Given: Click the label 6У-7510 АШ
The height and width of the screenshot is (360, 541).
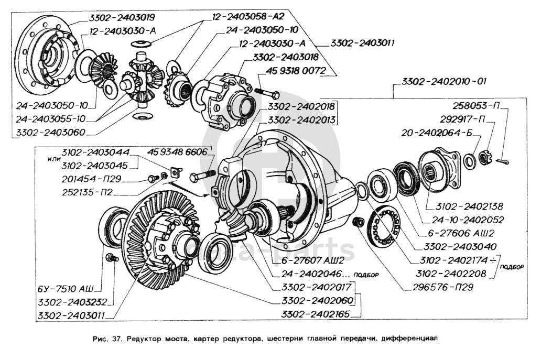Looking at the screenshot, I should point(66,289).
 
